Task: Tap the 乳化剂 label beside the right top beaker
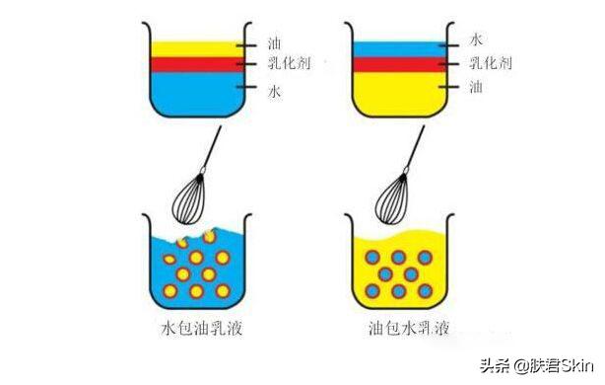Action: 489,63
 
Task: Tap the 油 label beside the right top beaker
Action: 476,87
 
